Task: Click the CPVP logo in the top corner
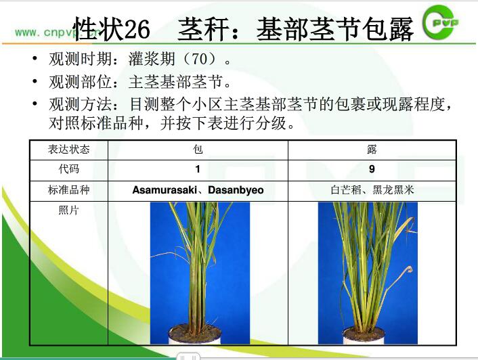440,22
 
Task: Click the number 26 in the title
137,29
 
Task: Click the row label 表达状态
68,150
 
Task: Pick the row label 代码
69,168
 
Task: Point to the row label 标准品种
68,189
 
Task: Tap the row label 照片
68,210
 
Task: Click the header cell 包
198,150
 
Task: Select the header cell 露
372,150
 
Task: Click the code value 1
198,168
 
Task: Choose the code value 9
372,168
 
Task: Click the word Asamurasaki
165,189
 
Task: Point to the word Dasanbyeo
236,190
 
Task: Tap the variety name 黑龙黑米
393,189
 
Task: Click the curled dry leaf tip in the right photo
408,269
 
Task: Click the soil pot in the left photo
194,334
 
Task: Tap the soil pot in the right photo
364,335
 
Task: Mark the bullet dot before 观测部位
35,82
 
